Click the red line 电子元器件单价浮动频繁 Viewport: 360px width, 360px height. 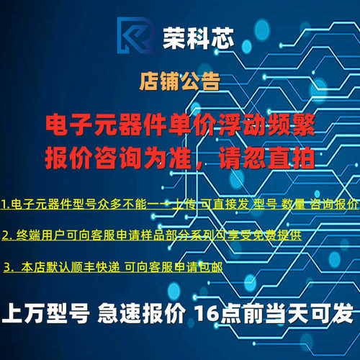tap(180, 124)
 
